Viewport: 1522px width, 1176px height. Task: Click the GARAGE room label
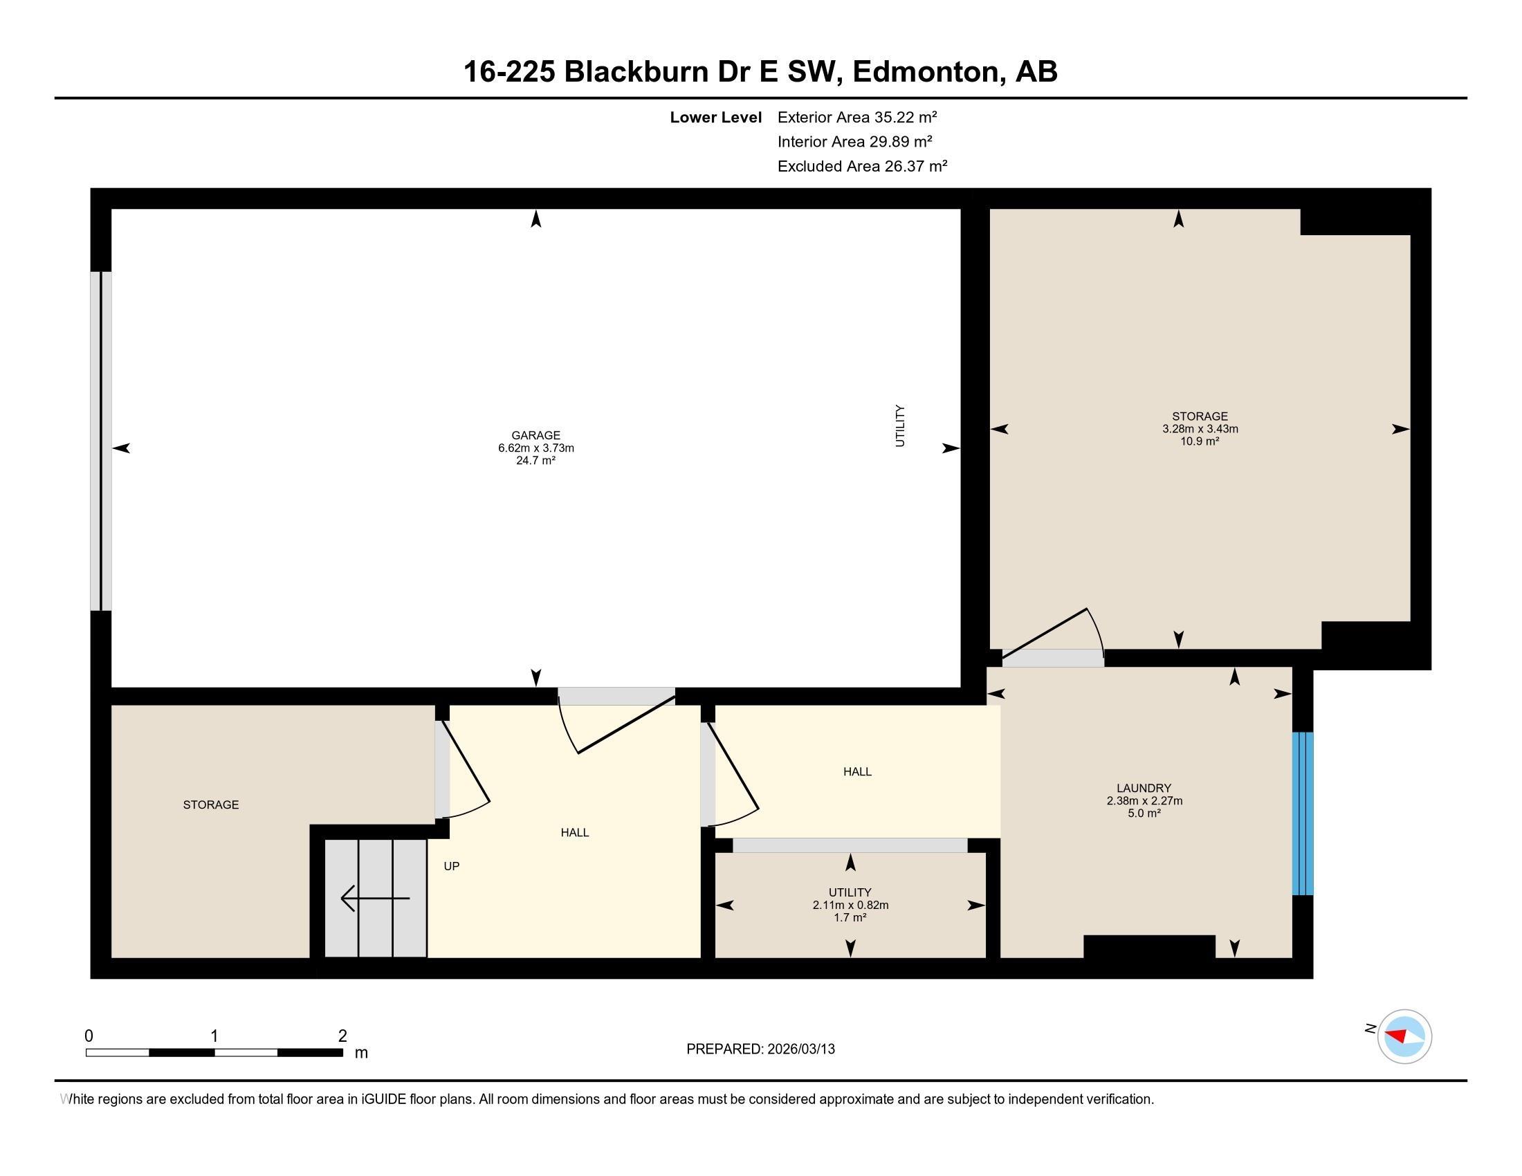[x=535, y=435]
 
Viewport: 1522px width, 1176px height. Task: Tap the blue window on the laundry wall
[x=1303, y=813]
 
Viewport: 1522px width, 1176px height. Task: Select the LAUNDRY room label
[x=1144, y=788]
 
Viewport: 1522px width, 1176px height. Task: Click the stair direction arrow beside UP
[x=374, y=898]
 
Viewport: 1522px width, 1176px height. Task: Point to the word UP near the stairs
[x=452, y=866]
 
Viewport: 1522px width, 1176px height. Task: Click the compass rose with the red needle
[x=1404, y=1036]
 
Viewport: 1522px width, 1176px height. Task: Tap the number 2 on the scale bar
[x=342, y=1036]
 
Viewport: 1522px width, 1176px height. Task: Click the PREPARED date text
[x=760, y=1049]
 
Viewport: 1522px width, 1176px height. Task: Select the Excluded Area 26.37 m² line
[x=862, y=167]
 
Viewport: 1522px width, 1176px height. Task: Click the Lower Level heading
[x=715, y=118]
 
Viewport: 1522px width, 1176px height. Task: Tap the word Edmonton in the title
[x=926, y=72]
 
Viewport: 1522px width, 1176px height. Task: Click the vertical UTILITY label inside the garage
[x=899, y=425]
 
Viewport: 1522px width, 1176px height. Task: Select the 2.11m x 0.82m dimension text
[x=850, y=905]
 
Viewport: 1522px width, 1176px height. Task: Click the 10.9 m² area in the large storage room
[x=1199, y=441]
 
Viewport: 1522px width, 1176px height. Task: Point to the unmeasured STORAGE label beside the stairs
[x=210, y=805]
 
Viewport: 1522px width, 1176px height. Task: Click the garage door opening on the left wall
[x=101, y=441]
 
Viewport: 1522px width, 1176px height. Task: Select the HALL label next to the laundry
[x=857, y=771]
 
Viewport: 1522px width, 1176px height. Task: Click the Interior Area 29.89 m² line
[x=854, y=142]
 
